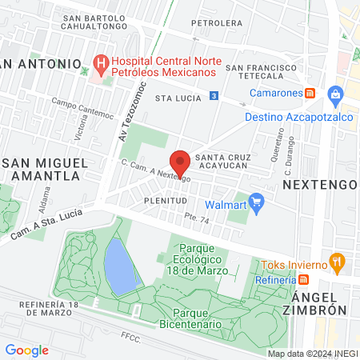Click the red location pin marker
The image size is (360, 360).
coord(180,161)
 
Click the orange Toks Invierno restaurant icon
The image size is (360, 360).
coord(339,261)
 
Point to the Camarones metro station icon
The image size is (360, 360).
coord(310,93)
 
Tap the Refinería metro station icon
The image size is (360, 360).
coord(304,279)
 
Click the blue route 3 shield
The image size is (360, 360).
coord(214,96)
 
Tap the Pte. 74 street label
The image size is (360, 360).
coord(196,218)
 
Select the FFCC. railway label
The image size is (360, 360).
coord(130,339)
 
